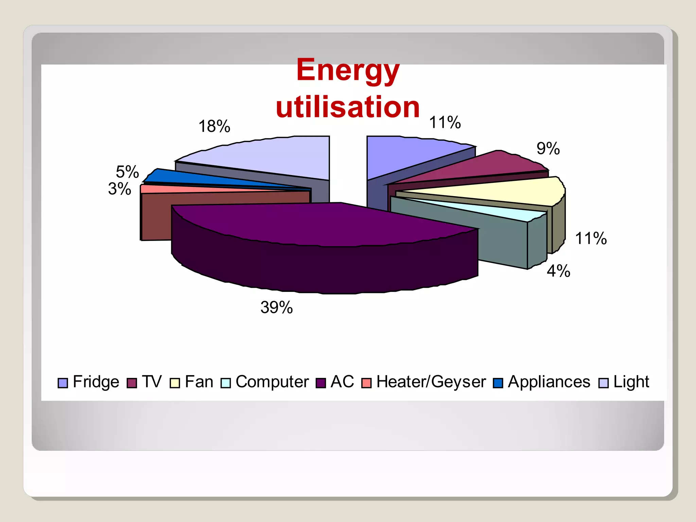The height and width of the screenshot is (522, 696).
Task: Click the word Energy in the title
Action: pos(348,70)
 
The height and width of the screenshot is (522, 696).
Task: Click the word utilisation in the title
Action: pos(348,107)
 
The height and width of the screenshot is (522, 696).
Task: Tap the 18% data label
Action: pos(214,126)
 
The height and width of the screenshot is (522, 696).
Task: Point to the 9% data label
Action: pos(548,149)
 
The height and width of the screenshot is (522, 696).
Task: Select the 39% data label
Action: pos(276,308)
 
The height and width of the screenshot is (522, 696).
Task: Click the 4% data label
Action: pos(558,271)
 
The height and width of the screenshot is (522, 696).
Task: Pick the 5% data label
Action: pos(127,172)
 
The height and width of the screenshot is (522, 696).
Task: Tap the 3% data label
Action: pos(120,189)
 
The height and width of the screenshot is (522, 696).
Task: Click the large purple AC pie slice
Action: pos(323,224)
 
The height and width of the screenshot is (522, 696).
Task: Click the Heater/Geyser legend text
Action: pos(431,382)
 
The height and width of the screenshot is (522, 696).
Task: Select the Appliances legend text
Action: pos(549,382)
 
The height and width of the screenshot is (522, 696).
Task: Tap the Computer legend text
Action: pos(272,382)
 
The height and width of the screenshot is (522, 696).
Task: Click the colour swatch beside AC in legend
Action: pos(321,383)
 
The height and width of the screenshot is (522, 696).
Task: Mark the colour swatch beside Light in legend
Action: pos(603,383)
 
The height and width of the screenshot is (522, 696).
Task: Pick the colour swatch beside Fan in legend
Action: pos(175,383)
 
